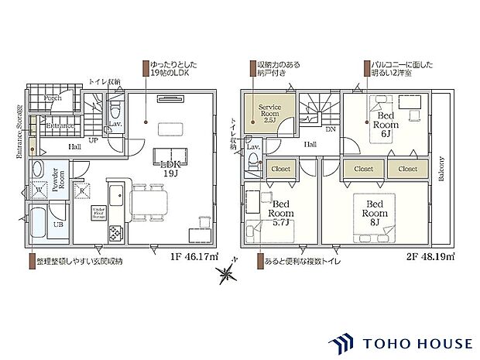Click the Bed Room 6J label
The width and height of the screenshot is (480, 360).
[x=386, y=124]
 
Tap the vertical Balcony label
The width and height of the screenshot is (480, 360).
[x=441, y=168]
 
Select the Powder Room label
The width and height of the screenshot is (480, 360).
[x=58, y=179]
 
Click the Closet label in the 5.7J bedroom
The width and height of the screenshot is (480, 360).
[x=280, y=168]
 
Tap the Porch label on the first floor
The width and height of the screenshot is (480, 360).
[x=53, y=99]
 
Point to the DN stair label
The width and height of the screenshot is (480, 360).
[x=331, y=129]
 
